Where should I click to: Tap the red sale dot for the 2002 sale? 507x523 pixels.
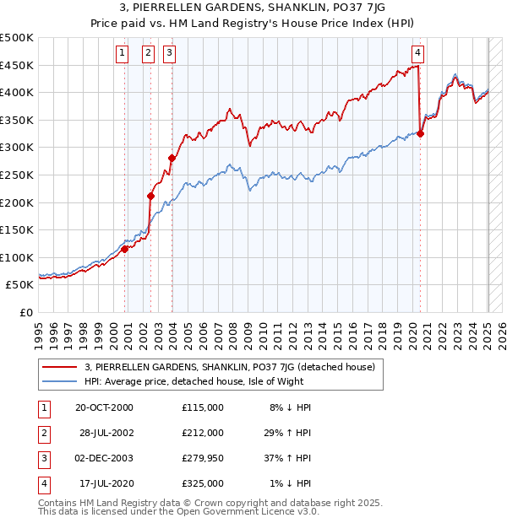pos(151,197)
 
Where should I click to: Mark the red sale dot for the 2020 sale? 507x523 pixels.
pos(420,133)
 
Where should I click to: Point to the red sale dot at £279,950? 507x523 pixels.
pos(172,158)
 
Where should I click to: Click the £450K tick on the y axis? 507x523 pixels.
pos(17,65)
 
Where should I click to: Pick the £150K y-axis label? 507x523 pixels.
pos(17,229)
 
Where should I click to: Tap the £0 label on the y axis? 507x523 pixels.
pos(24,312)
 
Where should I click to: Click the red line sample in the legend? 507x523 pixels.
pos(60,367)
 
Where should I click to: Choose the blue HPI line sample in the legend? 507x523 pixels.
pos(60,381)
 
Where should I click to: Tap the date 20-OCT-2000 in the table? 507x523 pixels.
pos(105,407)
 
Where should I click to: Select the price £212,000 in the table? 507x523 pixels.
pos(202,433)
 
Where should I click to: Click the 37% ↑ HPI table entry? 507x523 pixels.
pos(288,458)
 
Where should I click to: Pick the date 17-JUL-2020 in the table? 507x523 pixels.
pos(105,483)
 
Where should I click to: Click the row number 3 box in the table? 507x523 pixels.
pos(42,458)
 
